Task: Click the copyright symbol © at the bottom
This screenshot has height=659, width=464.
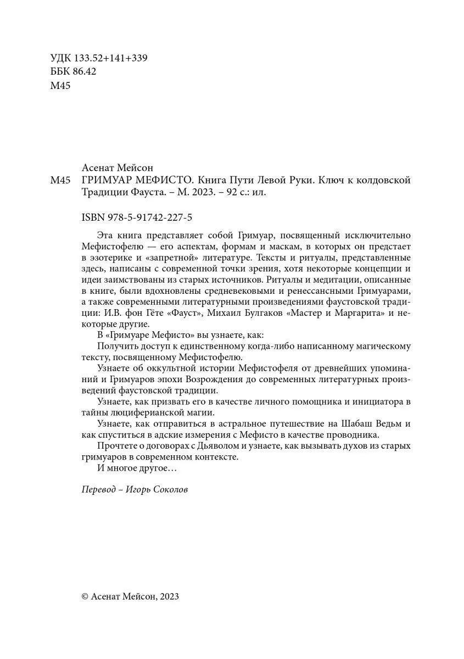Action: coord(85,596)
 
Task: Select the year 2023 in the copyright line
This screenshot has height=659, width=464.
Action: coord(168,596)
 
